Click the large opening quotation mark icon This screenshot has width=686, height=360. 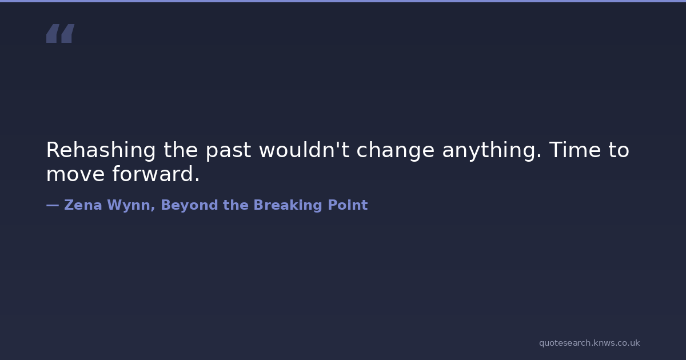[x=61, y=33]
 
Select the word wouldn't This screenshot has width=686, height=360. [x=304, y=150]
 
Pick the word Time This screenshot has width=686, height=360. [x=575, y=150]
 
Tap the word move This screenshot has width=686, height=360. [x=75, y=174]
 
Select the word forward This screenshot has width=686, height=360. [x=156, y=174]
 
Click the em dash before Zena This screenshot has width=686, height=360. [x=53, y=205]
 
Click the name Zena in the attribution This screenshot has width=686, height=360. [x=83, y=205]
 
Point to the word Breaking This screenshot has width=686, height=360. [x=288, y=206]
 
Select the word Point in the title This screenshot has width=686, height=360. [x=348, y=205]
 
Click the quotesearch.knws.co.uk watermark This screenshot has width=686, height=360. [x=589, y=343]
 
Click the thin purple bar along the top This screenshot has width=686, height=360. [x=343, y=1]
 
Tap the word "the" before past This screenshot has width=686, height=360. [x=181, y=150]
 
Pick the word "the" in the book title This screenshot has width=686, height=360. [x=236, y=205]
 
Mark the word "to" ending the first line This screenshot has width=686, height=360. [x=619, y=150]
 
